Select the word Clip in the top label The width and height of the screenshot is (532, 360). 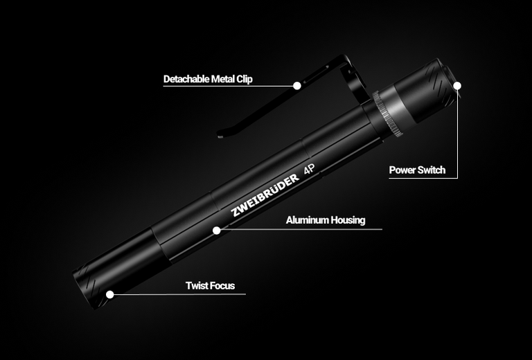[245, 80]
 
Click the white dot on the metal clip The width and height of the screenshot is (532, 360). [297, 85]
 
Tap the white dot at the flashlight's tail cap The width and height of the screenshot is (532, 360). [457, 85]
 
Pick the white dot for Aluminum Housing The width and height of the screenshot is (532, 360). [216, 231]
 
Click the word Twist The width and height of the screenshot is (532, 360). [196, 285]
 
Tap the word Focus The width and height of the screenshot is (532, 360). [222, 285]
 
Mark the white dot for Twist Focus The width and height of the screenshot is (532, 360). [109, 294]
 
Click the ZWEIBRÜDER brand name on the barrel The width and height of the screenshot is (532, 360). [265, 196]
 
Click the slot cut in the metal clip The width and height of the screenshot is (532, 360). [316, 75]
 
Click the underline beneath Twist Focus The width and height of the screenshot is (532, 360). [180, 294]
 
